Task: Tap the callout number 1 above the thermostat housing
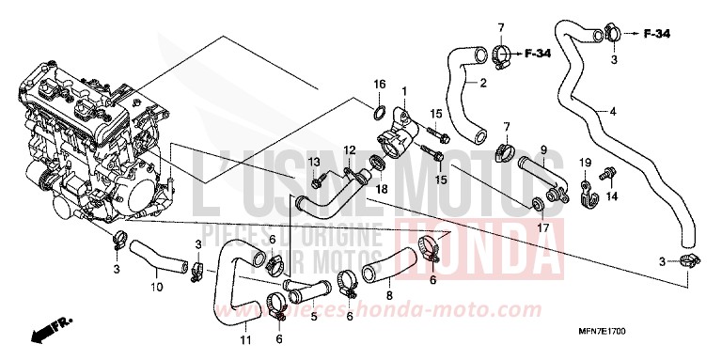click(x=404, y=91)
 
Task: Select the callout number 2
click(x=482, y=84)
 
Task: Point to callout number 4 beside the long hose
click(x=613, y=112)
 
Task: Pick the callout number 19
click(x=583, y=164)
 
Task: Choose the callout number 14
click(x=612, y=196)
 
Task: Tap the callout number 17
click(x=543, y=227)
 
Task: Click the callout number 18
click(x=380, y=188)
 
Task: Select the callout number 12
click(x=348, y=150)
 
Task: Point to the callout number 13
click(x=315, y=162)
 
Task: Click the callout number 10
click(x=154, y=276)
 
